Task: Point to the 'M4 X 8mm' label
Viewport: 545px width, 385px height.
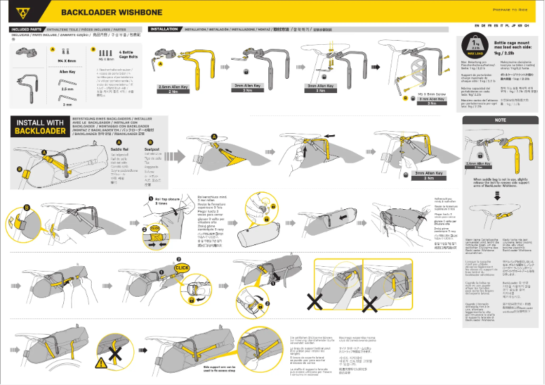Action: pos(67,60)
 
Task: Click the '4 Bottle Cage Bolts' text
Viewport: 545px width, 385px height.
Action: pos(128,53)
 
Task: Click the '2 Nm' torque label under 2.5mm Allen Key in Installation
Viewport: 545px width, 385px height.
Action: pos(174,92)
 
